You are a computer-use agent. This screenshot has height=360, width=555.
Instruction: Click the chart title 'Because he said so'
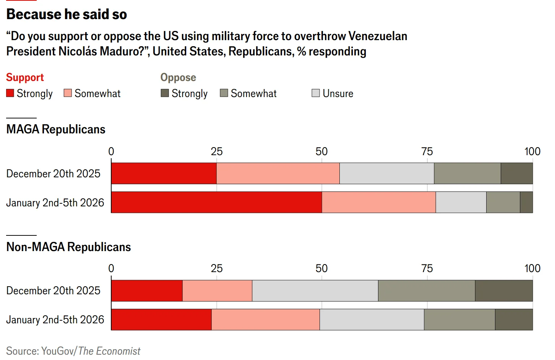click(67, 15)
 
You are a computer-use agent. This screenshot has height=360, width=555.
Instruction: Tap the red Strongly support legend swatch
click(10, 93)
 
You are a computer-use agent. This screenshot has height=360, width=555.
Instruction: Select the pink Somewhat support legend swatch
click(68, 93)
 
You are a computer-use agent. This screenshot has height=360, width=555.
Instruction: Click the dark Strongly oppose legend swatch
click(165, 93)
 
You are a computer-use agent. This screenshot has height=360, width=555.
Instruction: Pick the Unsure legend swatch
click(316, 93)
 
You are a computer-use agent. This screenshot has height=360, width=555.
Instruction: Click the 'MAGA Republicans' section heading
click(56, 130)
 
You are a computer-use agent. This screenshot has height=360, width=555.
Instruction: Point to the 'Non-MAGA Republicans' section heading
click(68, 247)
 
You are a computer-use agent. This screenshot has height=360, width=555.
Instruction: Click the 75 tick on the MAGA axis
click(427, 152)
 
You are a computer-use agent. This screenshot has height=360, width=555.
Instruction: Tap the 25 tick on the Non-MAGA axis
click(217, 269)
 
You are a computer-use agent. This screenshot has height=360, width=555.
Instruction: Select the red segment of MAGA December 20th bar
click(164, 174)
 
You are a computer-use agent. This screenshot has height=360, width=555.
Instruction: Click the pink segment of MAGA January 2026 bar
click(378, 203)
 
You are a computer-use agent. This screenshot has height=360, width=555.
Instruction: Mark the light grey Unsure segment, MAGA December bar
click(386, 174)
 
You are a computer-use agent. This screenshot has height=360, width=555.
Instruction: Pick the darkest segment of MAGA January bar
click(526, 203)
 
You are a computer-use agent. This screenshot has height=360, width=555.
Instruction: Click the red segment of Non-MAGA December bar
click(147, 291)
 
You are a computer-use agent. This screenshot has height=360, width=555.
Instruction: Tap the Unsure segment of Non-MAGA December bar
click(315, 291)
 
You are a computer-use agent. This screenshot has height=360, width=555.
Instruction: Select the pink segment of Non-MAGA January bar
click(265, 320)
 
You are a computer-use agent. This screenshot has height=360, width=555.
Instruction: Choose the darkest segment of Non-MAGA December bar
click(504, 291)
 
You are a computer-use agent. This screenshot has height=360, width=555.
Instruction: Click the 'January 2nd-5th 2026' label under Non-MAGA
click(55, 320)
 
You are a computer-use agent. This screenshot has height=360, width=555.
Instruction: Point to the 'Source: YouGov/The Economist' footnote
click(73, 351)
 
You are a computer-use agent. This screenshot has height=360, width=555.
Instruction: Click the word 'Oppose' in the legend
click(178, 78)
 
